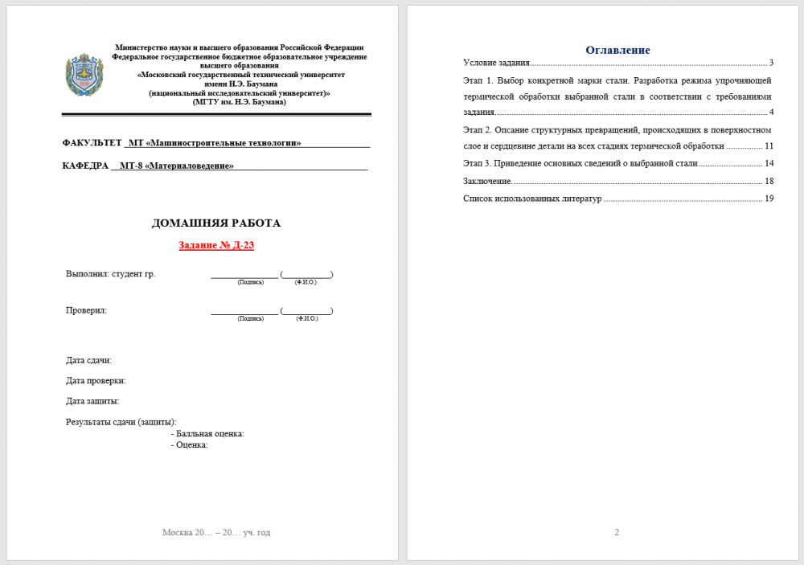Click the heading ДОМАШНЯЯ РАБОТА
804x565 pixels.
coord(216,223)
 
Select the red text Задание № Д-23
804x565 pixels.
coord(216,245)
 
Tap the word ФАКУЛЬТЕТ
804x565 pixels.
coord(92,143)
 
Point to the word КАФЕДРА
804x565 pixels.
coord(85,166)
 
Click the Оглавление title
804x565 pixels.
coord(617,50)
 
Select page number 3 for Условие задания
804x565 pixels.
coord(770,63)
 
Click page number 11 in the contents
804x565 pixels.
coord(769,146)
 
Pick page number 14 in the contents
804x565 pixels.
coord(769,163)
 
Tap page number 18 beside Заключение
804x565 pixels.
coord(769,181)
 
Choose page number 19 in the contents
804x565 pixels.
coord(769,199)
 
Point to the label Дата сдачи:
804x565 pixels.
coord(89,360)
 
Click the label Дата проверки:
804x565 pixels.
coord(96,381)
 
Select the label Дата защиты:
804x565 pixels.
coord(93,401)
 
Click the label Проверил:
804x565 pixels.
coord(87,310)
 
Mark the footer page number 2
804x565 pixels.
coord(617,532)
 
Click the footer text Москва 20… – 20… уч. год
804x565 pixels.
coord(216,532)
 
